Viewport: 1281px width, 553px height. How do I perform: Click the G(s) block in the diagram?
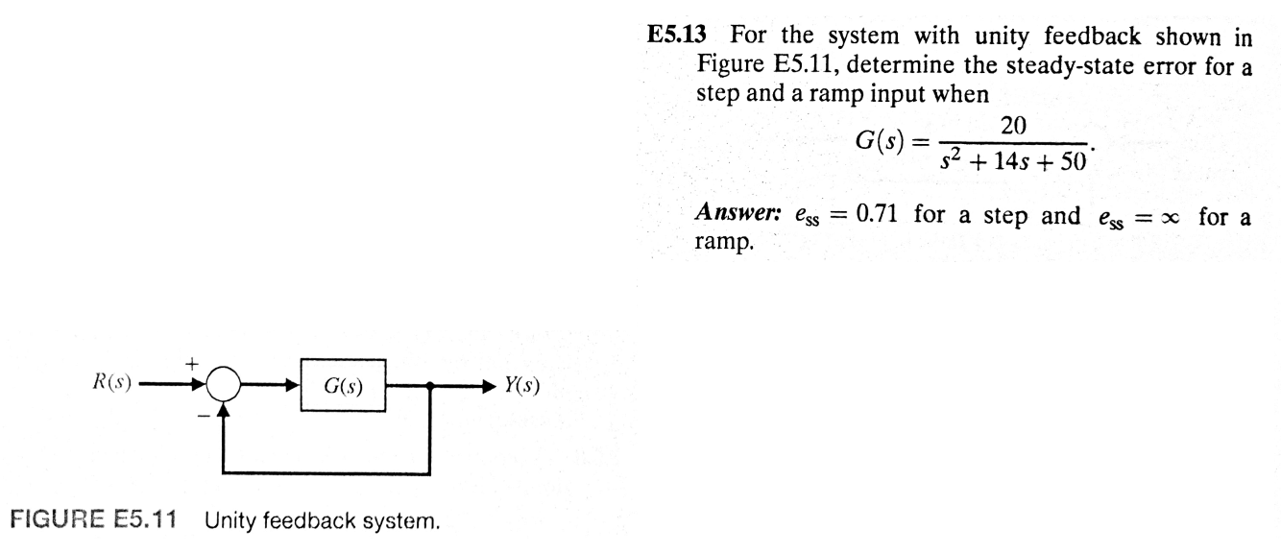click(x=343, y=387)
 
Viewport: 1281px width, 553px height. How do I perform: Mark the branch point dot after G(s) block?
click(x=430, y=387)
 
